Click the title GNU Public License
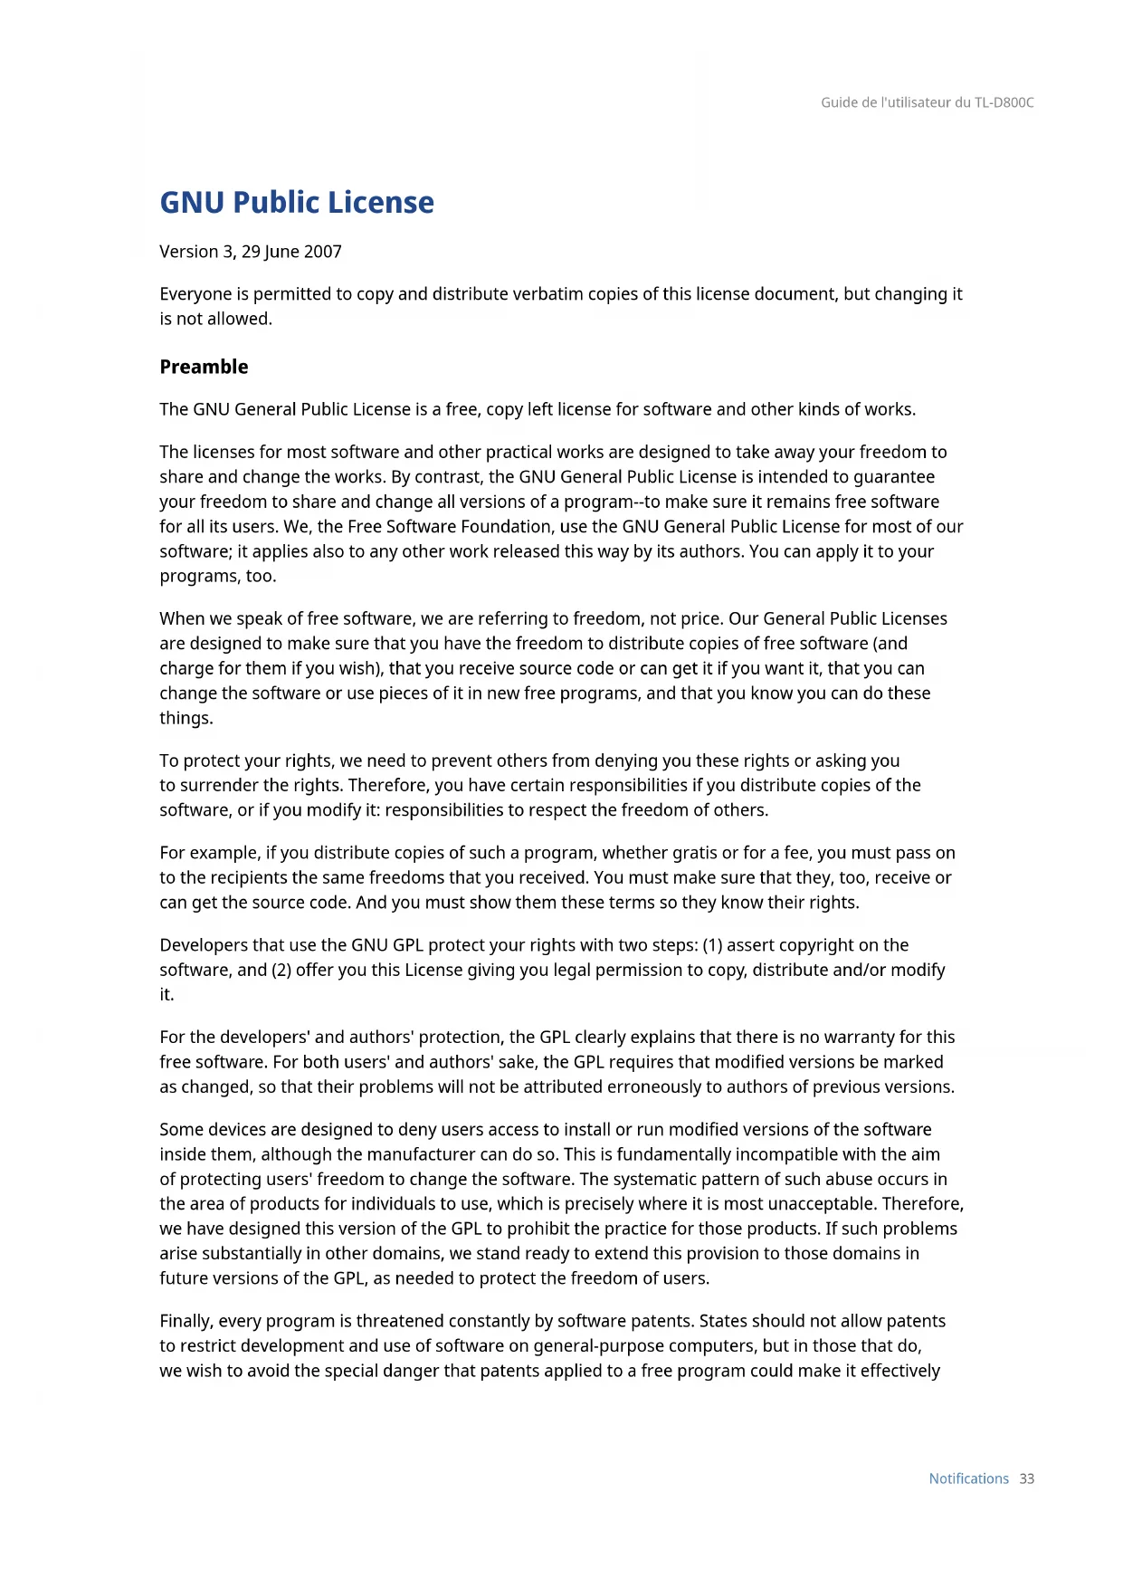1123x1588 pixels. (x=296, y=203)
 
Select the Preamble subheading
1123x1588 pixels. (x=204, y=367)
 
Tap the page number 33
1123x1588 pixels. (x=1026, y=1478)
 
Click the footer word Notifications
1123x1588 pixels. (x=968, y=1478)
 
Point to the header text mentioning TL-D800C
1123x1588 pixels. (x=927, y=102)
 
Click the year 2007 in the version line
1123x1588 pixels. (x=323, y=252)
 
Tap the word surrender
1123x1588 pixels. (x=220, y=786)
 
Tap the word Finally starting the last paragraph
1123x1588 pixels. (x=186, y=1322)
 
